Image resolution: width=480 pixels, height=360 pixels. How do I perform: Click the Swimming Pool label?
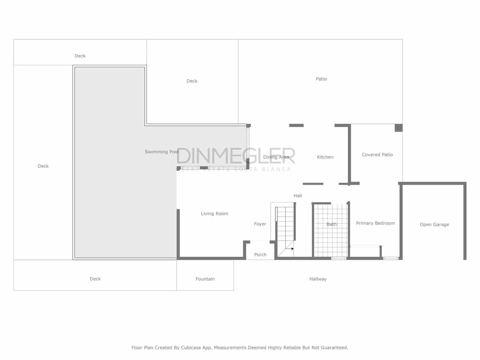tap(161, 152)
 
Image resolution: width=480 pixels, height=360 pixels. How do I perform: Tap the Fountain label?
tap(205, 279)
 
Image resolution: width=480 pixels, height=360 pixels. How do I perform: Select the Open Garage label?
tap(434, 224)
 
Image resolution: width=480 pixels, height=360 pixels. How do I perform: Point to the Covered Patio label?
tap(377, 155)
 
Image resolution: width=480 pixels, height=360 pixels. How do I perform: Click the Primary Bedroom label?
tap(375, 223)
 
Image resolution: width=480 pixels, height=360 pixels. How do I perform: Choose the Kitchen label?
tap(325, 157)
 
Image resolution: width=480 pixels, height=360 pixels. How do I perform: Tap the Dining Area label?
tap(276, 157)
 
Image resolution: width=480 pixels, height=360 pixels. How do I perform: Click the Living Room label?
tap(214, 214)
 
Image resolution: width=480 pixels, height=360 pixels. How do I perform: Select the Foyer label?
tap(260, 224)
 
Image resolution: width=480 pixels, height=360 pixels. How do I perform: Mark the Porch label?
tap(260, 255)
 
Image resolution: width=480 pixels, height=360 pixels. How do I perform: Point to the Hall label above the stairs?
tap(298, 196)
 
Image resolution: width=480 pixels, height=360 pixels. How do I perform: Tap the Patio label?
tap(321, 79)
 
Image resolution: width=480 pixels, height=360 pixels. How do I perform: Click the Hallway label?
tap(318, 279)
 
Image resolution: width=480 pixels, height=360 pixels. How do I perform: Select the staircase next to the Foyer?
tap(285, 225)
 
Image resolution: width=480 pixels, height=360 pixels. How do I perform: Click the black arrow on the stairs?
tap(292, 249)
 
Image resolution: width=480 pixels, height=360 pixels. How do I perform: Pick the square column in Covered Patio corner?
tap(398, 128)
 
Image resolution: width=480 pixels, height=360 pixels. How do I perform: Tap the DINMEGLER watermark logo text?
tap(236, 156)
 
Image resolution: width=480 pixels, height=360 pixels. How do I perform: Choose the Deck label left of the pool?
tap(43, 166)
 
